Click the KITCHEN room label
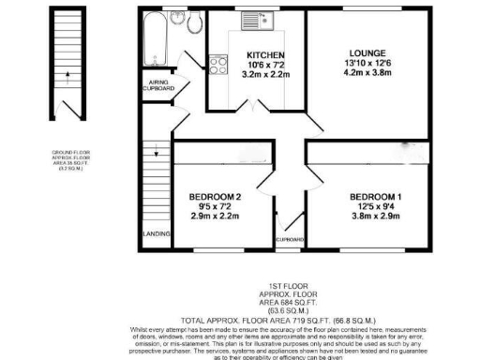(x=259, y=54)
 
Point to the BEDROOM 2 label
(x=215, y=196)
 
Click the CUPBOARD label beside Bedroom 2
(x=290, y=241)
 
